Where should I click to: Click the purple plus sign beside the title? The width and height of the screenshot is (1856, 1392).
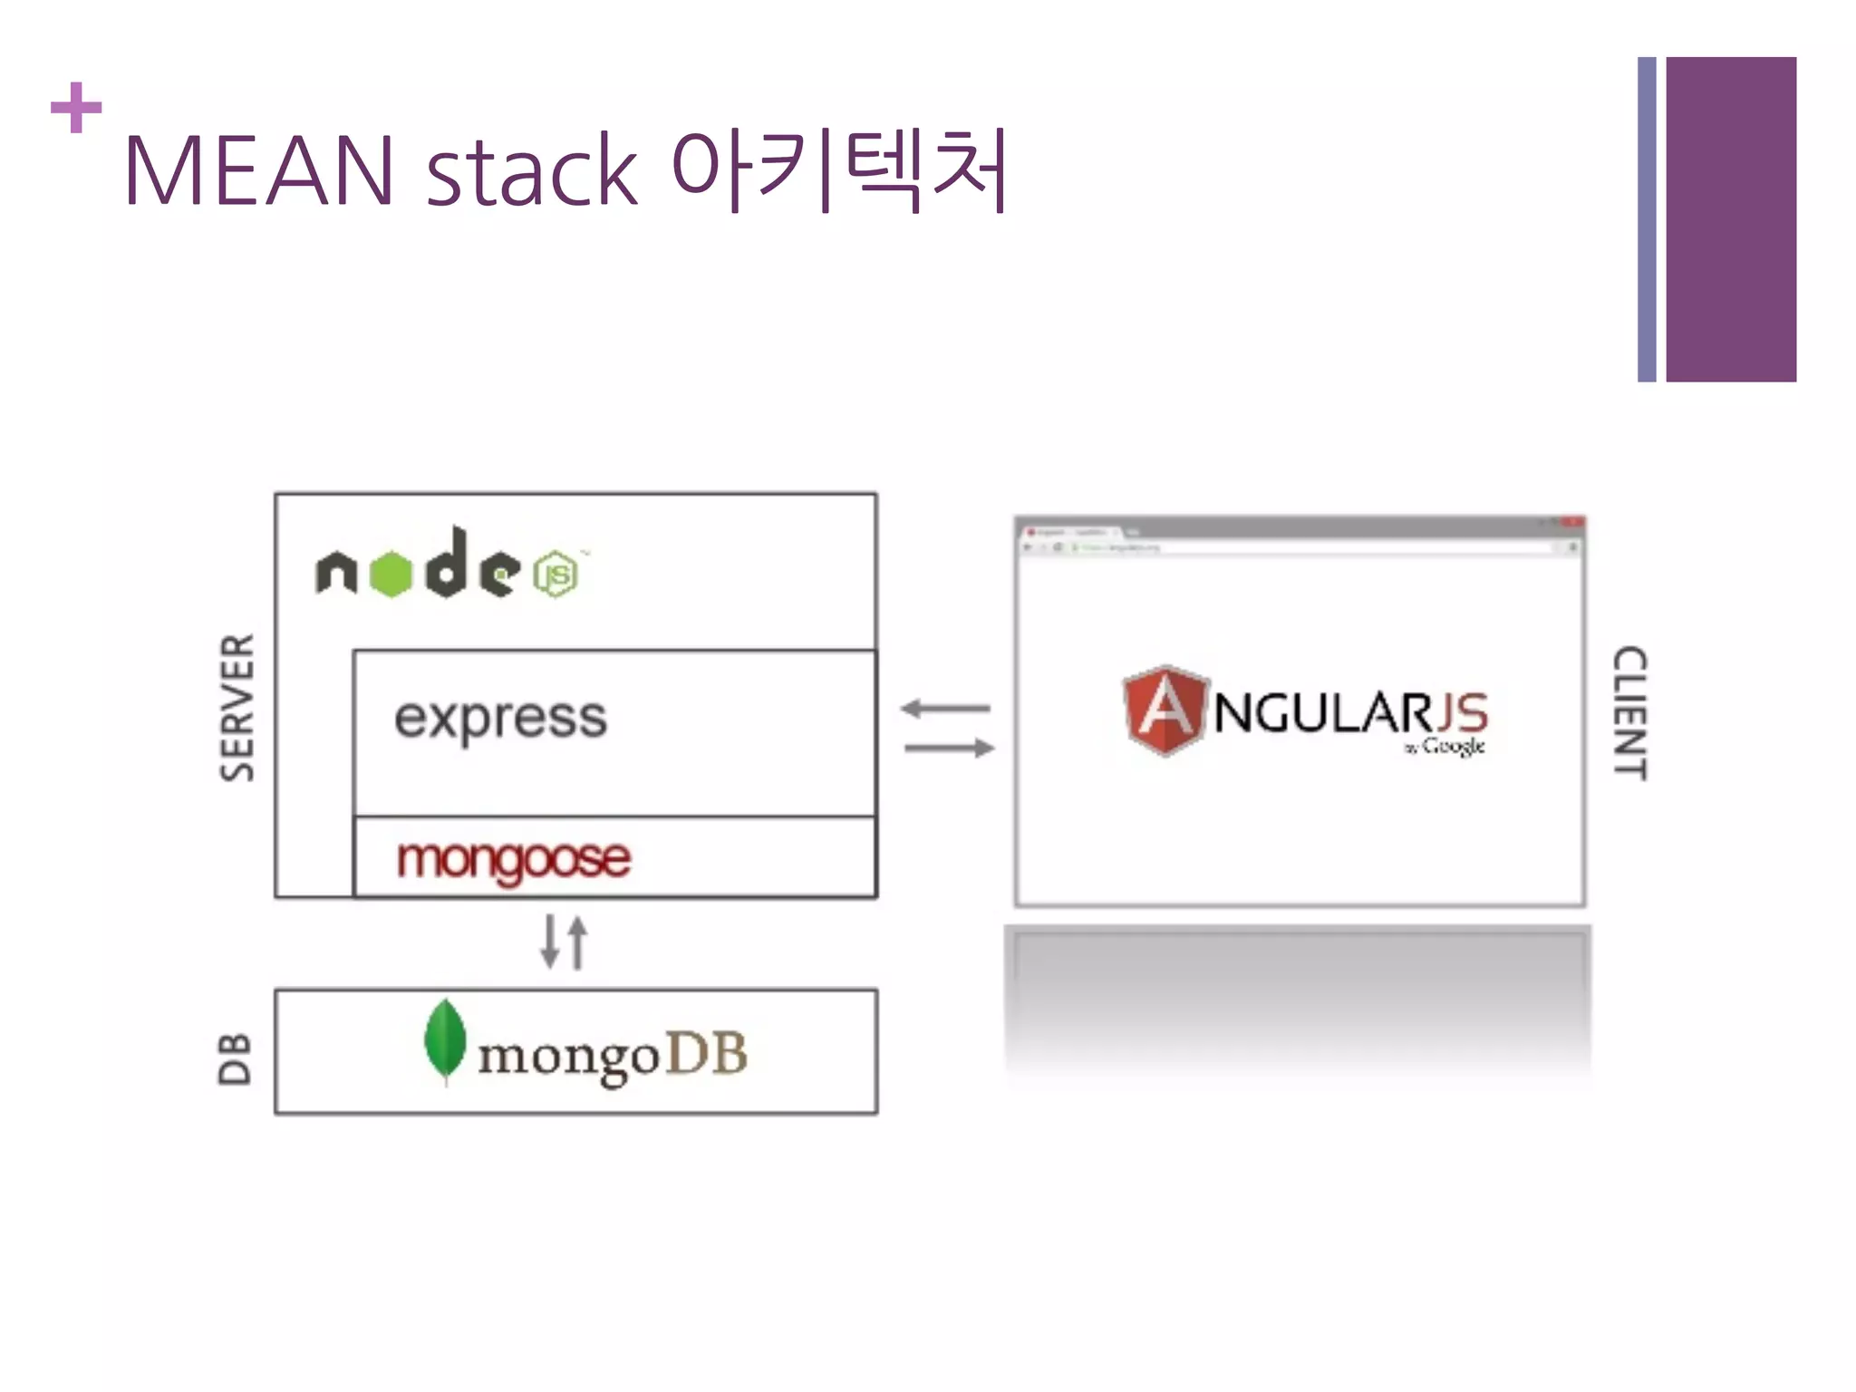click(x=76, y=108)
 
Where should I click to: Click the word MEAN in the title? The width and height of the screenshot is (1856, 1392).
click(x=258, y=171)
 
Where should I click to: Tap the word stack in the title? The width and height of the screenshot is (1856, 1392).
click(x=531, y=171)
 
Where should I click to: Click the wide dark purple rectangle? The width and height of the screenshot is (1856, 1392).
click(x=1730, y=219)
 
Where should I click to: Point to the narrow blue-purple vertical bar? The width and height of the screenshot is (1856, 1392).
click(x=1646, y=219)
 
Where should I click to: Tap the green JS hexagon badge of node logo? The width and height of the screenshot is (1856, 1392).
click(x=556, y=575)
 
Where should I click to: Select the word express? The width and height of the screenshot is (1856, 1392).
click(x=500, y=719)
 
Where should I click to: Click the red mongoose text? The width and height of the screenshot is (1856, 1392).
click(x=513, y=858)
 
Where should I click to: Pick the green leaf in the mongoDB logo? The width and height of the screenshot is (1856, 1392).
click(x=445, y=1040)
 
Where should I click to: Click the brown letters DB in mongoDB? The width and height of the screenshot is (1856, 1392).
click(x=707, y=1054)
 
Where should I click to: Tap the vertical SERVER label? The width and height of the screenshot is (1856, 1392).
click(x=237, y=707)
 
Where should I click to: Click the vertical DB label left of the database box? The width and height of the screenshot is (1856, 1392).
click(x=235, y=1058)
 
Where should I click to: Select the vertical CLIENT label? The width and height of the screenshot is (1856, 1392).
click(x=1629, y=712)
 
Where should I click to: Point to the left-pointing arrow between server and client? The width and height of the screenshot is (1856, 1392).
click(x=945, y=708)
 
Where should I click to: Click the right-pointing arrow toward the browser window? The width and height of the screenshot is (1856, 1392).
click(x=949, y=748)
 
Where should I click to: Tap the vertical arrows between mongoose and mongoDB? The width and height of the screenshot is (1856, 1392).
click(x=564, y=942)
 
